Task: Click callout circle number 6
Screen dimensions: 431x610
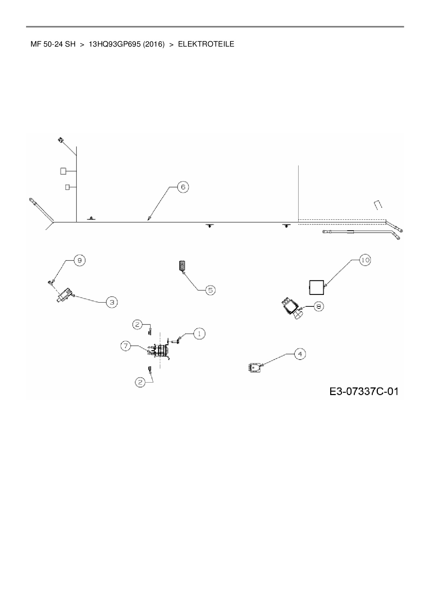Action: coord(183,187)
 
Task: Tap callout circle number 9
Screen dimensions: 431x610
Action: coord(80,260)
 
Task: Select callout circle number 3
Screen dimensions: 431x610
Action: coord(112,302)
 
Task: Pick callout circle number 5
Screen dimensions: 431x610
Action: coord(210,290)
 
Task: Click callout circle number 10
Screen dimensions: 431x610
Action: coord(365,260)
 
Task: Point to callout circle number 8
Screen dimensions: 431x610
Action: coord(319,306)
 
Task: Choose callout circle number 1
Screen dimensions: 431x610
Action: coord(199,334)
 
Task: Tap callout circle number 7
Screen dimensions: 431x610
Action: coord(126,346)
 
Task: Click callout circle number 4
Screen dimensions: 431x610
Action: coord(300,354)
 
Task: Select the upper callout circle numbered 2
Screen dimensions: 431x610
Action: coord(138,324)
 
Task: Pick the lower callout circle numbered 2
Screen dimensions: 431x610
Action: coord(140,382)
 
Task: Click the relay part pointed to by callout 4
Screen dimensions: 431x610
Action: coord(255,367)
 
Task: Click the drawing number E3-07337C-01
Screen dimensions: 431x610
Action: coord(364,392)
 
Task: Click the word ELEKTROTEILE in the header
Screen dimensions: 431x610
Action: coord(206,44)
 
